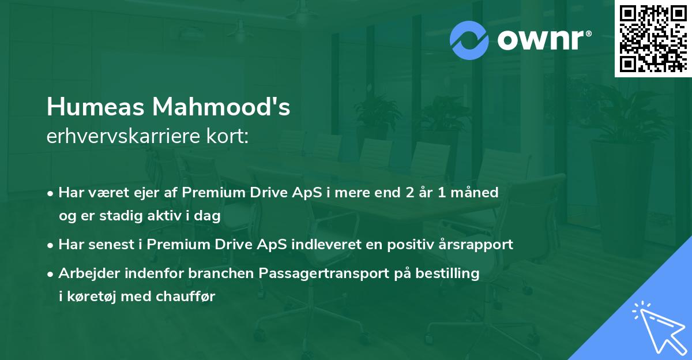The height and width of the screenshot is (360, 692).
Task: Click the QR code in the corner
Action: point(652,38)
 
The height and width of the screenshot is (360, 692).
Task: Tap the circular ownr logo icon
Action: point(469,40)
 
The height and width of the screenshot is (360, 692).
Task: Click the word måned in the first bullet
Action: point(476,192)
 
